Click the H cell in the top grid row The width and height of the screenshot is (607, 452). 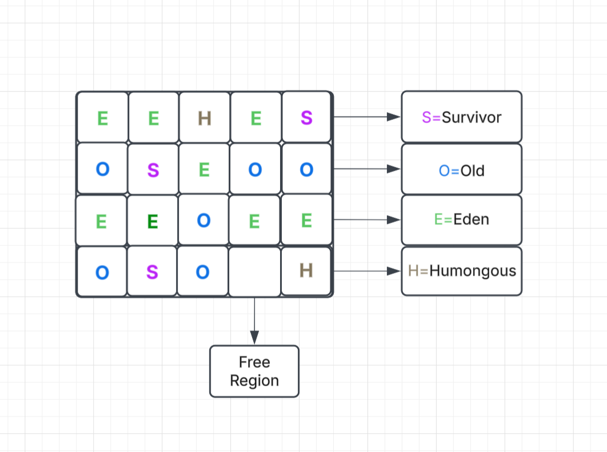(205, 118)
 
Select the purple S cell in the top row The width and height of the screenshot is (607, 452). (307, 118)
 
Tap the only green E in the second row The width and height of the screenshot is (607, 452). (205, 169)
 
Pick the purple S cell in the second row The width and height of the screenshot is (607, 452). (153, 169)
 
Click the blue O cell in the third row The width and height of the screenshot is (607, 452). (203, 221)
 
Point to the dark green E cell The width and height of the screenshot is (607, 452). (152, 221)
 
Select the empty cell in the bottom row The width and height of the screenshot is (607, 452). (254, 272)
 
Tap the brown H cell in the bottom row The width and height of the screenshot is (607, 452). (306, 271)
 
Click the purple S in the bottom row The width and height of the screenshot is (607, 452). (152, 272)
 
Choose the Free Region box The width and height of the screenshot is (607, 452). (254, 371)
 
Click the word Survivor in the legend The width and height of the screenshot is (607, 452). (472, 118)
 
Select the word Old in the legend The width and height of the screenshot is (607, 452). (472, 170)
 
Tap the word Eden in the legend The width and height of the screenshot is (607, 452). (471, 219)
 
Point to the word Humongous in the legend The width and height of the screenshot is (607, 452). (472, 271)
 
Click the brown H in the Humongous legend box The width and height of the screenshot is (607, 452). (414, 271)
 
